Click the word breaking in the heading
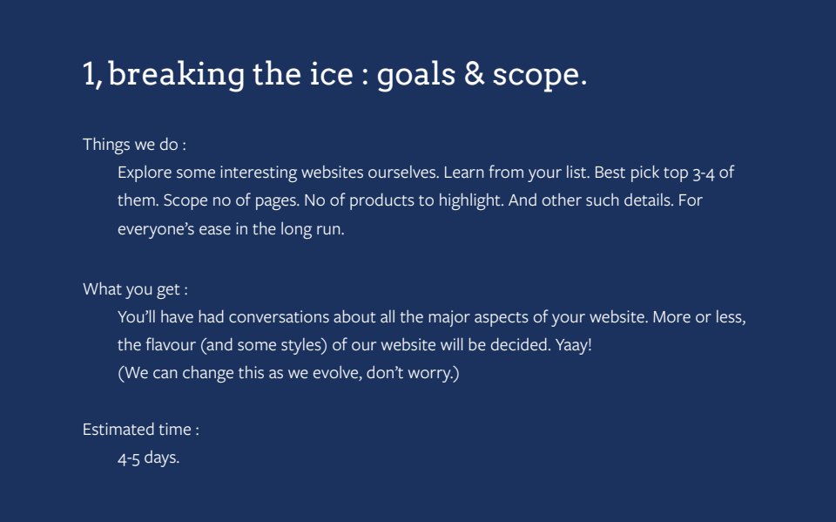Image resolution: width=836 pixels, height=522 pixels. pos(177,74)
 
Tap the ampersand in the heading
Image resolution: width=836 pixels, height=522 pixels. pos(474,73)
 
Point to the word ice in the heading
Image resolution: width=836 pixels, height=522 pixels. pos(331,74)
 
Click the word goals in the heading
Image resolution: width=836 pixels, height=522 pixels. pos(416,75)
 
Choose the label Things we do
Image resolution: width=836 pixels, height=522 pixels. pos(134,145)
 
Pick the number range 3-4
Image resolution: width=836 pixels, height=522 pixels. pos(704,173)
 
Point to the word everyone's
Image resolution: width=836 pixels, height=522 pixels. pos(156,229)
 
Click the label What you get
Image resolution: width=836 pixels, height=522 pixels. pos(135,289)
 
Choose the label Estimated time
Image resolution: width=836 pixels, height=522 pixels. pos(141,429)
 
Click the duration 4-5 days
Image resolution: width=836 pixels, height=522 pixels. pos(148,458)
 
